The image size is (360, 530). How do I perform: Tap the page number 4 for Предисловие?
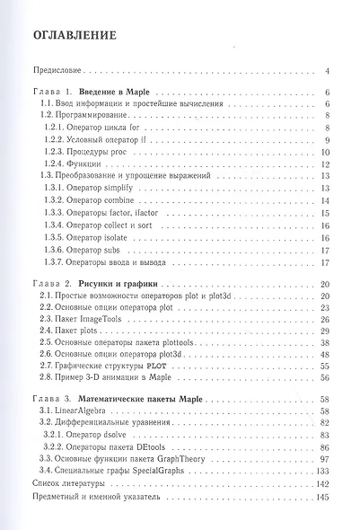[329, 70]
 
